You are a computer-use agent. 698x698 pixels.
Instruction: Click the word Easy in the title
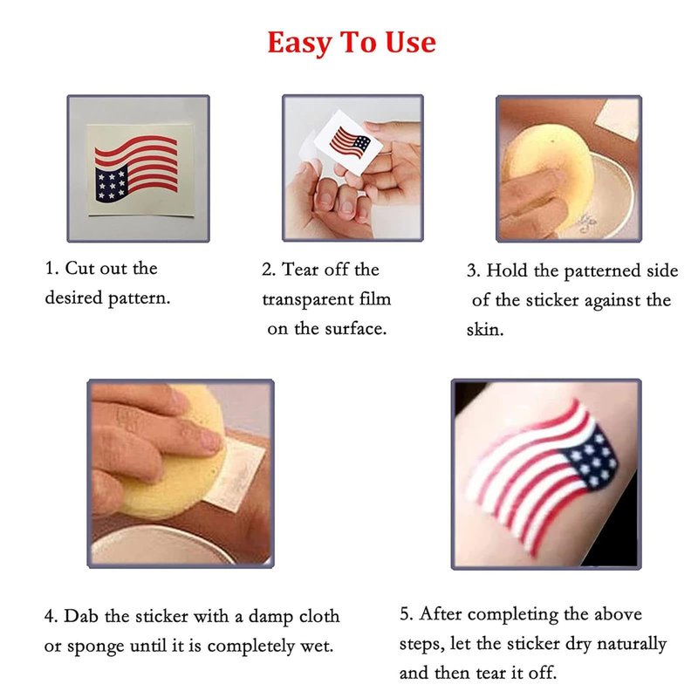coord(299,44)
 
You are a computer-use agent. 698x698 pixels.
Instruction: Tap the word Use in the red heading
coord(410,42)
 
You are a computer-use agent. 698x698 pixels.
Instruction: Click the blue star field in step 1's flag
coord(112,183)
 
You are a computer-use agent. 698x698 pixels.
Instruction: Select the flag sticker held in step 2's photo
coord(349,142)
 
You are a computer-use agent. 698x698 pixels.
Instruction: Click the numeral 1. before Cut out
coord(51,269)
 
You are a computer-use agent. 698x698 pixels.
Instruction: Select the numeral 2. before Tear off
coord(269,270)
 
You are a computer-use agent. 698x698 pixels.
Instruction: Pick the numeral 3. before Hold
coord(474,271)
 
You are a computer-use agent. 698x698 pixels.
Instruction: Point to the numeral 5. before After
coord(406,614)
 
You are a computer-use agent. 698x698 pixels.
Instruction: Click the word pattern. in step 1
coord(140,298)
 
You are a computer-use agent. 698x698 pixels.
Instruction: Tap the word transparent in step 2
coord(308,299)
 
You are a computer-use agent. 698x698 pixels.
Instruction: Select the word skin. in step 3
coord(485,330)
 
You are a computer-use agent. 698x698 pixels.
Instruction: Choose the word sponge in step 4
coord(95,647)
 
